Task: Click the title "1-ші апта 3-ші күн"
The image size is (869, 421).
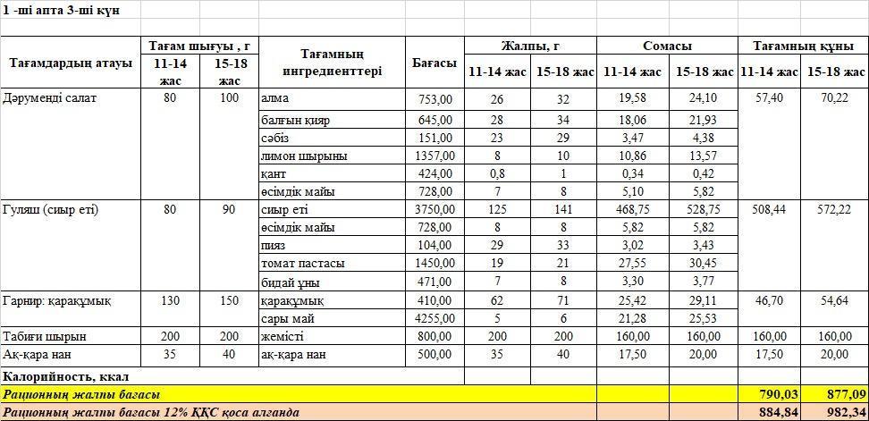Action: coord(61,10)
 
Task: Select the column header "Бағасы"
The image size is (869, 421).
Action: coord(434,63)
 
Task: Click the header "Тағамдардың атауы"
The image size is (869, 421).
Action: coord(71,63)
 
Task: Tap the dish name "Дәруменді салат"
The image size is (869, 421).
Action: coord(50,98)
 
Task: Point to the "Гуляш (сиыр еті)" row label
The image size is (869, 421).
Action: coord(51,210)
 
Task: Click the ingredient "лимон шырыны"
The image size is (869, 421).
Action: coord(291,156)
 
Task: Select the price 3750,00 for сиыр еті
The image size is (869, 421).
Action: coord(434,210)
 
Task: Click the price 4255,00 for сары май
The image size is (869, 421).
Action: coord(434,317)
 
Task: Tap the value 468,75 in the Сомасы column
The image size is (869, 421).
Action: coord(632,210)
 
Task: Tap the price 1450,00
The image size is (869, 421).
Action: coord(434,264)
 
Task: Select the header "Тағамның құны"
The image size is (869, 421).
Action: coord(802,45)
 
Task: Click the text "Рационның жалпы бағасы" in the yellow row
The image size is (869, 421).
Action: coord(81,394)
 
